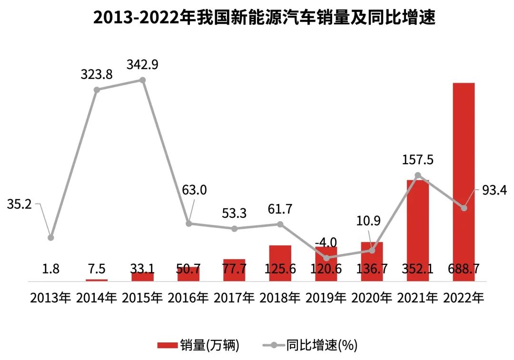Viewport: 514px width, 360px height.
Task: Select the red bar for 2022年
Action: [463, 181]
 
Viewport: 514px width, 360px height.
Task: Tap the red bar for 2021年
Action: [417, 224]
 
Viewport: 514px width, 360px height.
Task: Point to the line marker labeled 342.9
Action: [142, 80]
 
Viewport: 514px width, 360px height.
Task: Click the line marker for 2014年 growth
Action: [97, 89]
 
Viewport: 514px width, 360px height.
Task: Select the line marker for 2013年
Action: [51, 237]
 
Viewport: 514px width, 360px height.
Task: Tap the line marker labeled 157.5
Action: [417, 175]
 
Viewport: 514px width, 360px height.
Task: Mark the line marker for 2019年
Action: [326, 258]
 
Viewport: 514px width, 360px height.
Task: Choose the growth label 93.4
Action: [495, 190]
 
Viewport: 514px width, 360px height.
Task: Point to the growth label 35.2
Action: [19, 204]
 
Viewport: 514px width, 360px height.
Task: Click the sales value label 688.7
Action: [463, 269]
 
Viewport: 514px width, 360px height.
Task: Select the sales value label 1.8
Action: [51, 269]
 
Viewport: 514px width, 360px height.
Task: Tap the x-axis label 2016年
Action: [188, 298]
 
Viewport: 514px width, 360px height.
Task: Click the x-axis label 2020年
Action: [372, 298]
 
